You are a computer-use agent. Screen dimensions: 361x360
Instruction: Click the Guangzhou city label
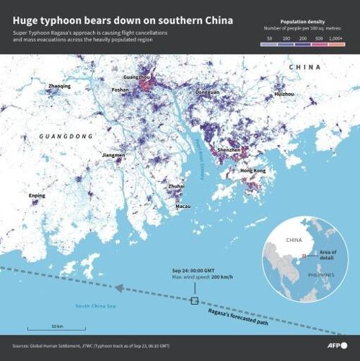[x=137, y=77]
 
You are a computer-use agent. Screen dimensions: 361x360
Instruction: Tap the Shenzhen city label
[x=229, y=149]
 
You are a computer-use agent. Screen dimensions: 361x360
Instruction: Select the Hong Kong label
[x=253, y=170]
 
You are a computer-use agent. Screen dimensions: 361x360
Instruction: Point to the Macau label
[x=183, y=206]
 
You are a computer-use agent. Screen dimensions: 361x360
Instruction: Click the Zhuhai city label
[x=176, y=186]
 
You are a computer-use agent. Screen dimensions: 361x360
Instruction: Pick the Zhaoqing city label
[x=59, y=86]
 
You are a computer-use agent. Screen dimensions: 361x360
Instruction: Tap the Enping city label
[x=37, y=195]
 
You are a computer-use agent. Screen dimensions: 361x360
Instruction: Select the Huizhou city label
[x=284, y=94]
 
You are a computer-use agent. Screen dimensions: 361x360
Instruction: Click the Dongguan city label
[x=208, y=92]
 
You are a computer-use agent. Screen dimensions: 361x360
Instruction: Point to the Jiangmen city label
[x=113, y=155]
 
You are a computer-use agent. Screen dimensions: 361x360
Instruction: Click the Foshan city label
[x=120, y=90]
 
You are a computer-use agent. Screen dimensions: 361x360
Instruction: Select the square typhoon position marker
[x=194, y=300]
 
